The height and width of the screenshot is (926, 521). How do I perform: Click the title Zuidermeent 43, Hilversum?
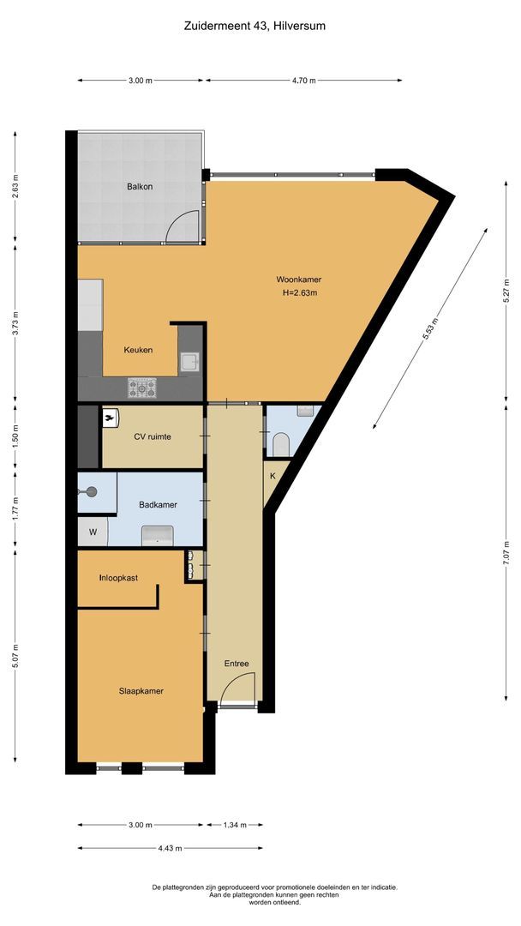pyautogui.click(x=255, y=26)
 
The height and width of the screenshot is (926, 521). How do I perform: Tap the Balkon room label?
pyautogui.click(x=140, y=186)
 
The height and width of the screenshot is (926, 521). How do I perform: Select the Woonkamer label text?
pyautogui.click(x=298, y=280)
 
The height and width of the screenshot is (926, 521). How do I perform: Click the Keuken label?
pyautogui.click(x=138, y=350)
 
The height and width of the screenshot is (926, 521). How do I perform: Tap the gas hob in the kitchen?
pyautogui.click(x=143, y=388)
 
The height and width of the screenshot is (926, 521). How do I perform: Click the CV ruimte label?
pyautogui.click(x=153, y=436)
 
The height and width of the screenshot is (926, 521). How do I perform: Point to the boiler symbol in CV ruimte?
pyautogui.click(x=111, y=418)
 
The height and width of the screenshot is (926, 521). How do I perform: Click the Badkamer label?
pyautogui.click(x=158, y=505)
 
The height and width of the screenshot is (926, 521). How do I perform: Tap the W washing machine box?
pyautogui.click(x=93, y=532)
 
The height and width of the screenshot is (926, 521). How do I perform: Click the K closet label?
pyautogui.click(x=272, y=476)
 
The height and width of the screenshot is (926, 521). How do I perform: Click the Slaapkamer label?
pyautogui.click(x=141, y=691)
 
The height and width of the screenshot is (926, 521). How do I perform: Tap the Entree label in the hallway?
pyautogui.click(x=237, y=664)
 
